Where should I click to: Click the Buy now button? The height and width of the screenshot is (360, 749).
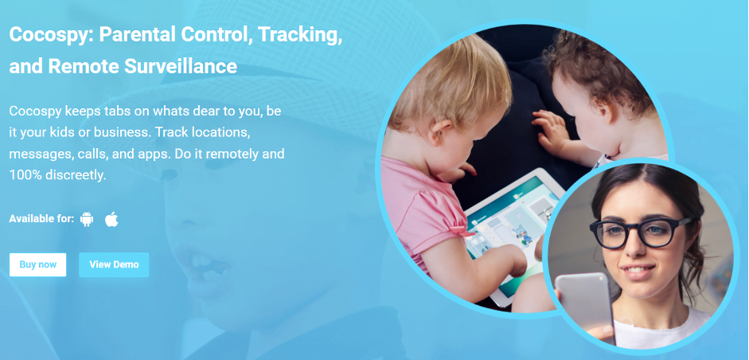37,264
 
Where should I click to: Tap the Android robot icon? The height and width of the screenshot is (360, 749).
87,219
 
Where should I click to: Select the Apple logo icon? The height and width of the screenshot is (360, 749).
111,219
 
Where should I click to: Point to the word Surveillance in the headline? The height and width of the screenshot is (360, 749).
181,66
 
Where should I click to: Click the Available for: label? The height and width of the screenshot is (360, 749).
41,219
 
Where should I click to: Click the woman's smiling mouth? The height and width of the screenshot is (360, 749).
638,271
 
